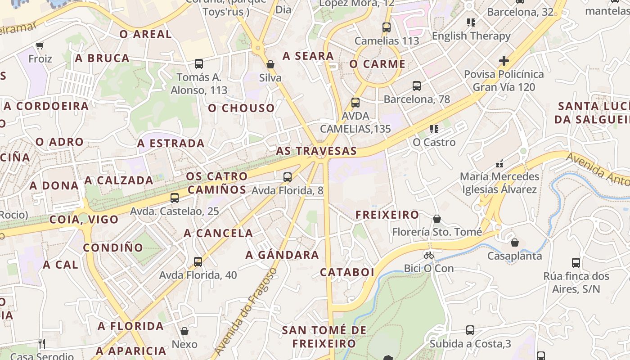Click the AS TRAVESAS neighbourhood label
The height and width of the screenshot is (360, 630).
click(x=316, y=151)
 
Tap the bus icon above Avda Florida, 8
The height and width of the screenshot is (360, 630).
click(x=288, y=177)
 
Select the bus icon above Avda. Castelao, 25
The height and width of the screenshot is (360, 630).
click(x=175, y=198)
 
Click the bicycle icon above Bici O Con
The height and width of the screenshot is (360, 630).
click(x=429, y=255)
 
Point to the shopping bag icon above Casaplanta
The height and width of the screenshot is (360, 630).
click(x=515, y=243)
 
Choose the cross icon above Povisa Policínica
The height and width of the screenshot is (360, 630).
click(x=504, y=60)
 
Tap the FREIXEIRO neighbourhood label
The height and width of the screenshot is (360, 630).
click(x=387, y=215)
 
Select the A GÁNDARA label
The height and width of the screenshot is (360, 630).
click(x=282, y=255)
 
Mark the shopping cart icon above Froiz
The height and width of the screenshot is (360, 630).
click(x=40, y=45)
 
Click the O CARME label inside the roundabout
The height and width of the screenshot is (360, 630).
click(x=378, y=64)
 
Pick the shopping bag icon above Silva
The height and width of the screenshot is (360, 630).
click(x=270, y=64)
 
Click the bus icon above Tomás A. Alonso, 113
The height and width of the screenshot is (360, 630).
click(x=199, y=64)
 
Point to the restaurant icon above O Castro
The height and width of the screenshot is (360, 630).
click(x=434, y=129)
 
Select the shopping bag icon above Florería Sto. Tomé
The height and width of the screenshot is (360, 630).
click(x=436, y=219)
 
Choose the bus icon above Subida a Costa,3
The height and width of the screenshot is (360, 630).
click(x=470, y=330)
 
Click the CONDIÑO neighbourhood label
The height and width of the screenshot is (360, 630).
click(x=112, y=247)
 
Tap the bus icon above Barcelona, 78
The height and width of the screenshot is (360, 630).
click(x=417, y=86)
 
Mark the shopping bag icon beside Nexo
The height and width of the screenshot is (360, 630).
click(x=184, y=332)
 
